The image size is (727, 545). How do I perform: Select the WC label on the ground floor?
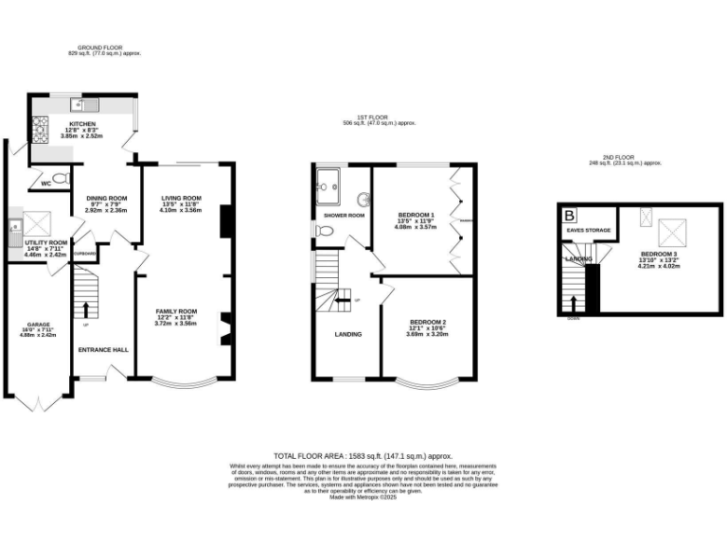[x=44, y=184]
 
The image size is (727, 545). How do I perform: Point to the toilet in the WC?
[x=61, y=178]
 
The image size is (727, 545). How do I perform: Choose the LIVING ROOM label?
[x=180, y=197]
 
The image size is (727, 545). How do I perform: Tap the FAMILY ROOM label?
[x=177, y=310]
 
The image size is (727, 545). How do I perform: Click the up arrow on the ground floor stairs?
[x=86, y=308]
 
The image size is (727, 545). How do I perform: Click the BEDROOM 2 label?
[x=426, y=322]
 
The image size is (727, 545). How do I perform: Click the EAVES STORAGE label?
[x=586, y=230]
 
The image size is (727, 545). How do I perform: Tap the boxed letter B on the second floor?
[x=570, y=214]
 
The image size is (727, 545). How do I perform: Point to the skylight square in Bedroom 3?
[x=674, y=231]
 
